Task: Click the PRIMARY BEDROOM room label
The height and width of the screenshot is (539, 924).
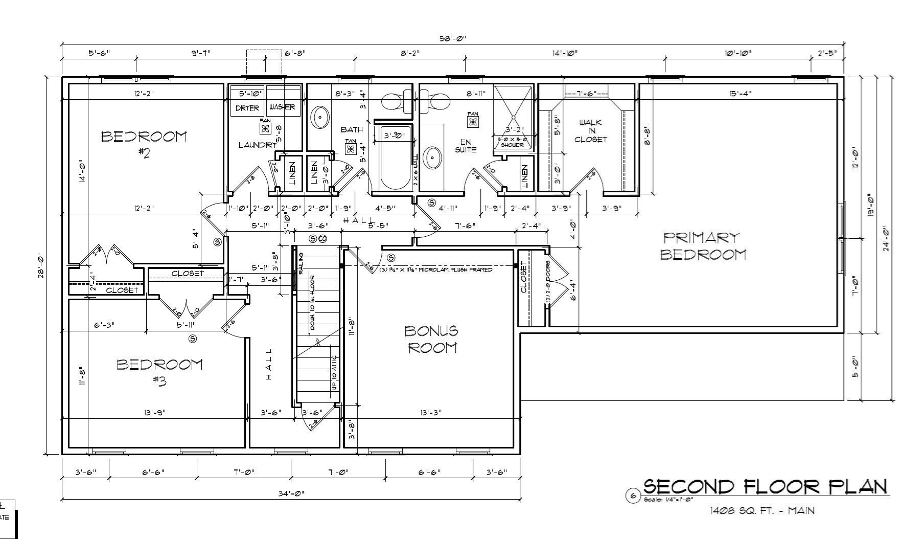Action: (x=703, y=246)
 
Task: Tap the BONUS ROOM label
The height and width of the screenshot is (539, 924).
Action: (x=431, y=339)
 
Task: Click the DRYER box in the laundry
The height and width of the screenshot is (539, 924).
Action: (x=247, y=108)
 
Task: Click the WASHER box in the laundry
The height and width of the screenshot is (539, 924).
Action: (x=282, y=107)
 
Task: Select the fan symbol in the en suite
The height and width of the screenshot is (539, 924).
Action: (x=473, y=122)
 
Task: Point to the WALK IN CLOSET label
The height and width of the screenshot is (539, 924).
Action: (x=590, y=131)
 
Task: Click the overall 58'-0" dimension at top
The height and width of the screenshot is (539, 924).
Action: (x=453, y=38)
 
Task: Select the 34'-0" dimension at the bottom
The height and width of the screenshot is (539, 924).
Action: (x=291, y=493)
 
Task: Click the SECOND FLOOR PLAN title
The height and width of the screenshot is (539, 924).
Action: (x=765, y=486)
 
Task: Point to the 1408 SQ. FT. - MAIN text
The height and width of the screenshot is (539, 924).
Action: (x=761, y=510)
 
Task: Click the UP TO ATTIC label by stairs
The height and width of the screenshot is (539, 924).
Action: (x=335, y=373)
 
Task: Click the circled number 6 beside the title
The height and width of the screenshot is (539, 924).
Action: (x=633, y=496)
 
